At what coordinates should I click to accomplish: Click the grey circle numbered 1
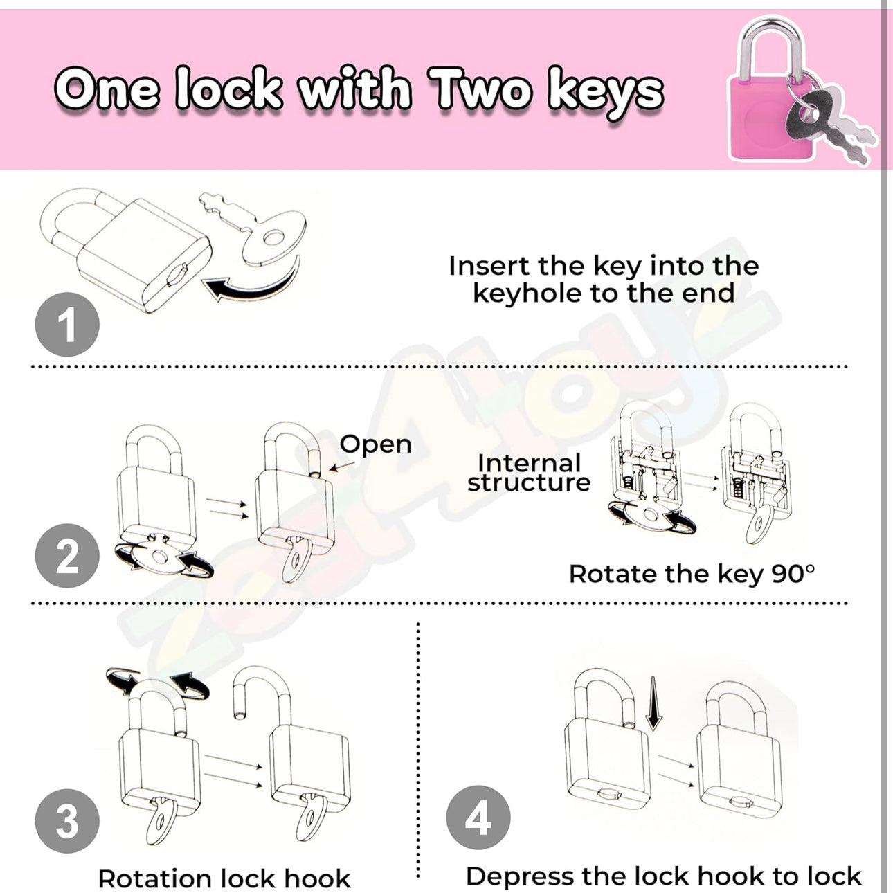tap(67, 325)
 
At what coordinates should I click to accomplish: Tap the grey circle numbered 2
tap(67, 556)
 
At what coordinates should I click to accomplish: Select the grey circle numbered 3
tap(67, 821)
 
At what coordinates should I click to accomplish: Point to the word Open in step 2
tap(375, 444)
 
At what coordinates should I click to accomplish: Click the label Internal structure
tap(529, 473)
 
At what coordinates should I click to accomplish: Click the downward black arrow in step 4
tap(653, 703)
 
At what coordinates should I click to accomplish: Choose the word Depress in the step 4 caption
tap(519, 876)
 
